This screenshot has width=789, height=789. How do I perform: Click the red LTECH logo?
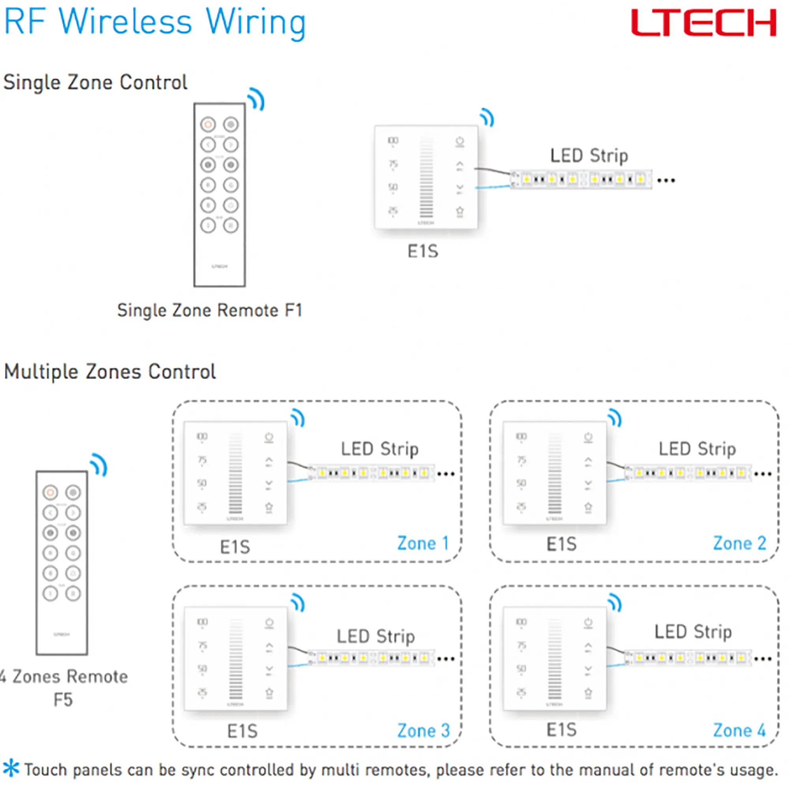pyautogui.click(x=703, y=23)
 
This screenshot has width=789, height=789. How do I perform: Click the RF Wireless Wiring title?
pyautogui.click(x=155, y=22)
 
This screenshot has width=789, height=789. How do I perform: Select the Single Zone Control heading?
pyautogui.click(x=95, y=82)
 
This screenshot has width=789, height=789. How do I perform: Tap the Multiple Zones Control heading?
pyautogui.click(x=110, y=372)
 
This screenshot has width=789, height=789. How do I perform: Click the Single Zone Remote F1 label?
pyautogui.click(x=209, y=310)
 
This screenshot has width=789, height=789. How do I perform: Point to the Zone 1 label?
pyautogui.click(x=423, y=544)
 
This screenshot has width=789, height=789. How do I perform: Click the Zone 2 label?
pyautogui.click(x=740, y=544)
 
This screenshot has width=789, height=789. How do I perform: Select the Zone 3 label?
pyautogui.click(x=423, y=731)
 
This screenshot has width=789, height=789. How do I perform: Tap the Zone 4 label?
pyautogui.click(x=740, y=730)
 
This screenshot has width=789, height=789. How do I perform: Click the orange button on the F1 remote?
pyautogui.click(x=208, y=124)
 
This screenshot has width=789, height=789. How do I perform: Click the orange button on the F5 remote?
pyautogui.click(x=50, y=492)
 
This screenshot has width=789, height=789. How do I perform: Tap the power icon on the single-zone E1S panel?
pyautogui.click(x=460, y=142)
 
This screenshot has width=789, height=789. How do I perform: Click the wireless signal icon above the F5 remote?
pyautogui.click(x=99, y=465)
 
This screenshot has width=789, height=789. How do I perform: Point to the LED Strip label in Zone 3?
pyautogui.click(x=376, y=636)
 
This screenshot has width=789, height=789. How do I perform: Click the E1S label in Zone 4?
pyautogui.click(x=561, y=729)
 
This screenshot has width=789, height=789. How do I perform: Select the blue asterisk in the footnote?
pyautogui.click(x=11, y=768)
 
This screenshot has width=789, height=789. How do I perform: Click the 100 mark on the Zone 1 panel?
pyautogui.click(x=202, y=437)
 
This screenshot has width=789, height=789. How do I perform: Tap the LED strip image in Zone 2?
pyautogui.click(x=688, y=473)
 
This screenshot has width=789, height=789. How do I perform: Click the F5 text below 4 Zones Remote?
pyautogui.click(x=63, y=699)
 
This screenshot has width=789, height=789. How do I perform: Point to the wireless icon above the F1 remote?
pyautogui.click(x=256, y=99)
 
